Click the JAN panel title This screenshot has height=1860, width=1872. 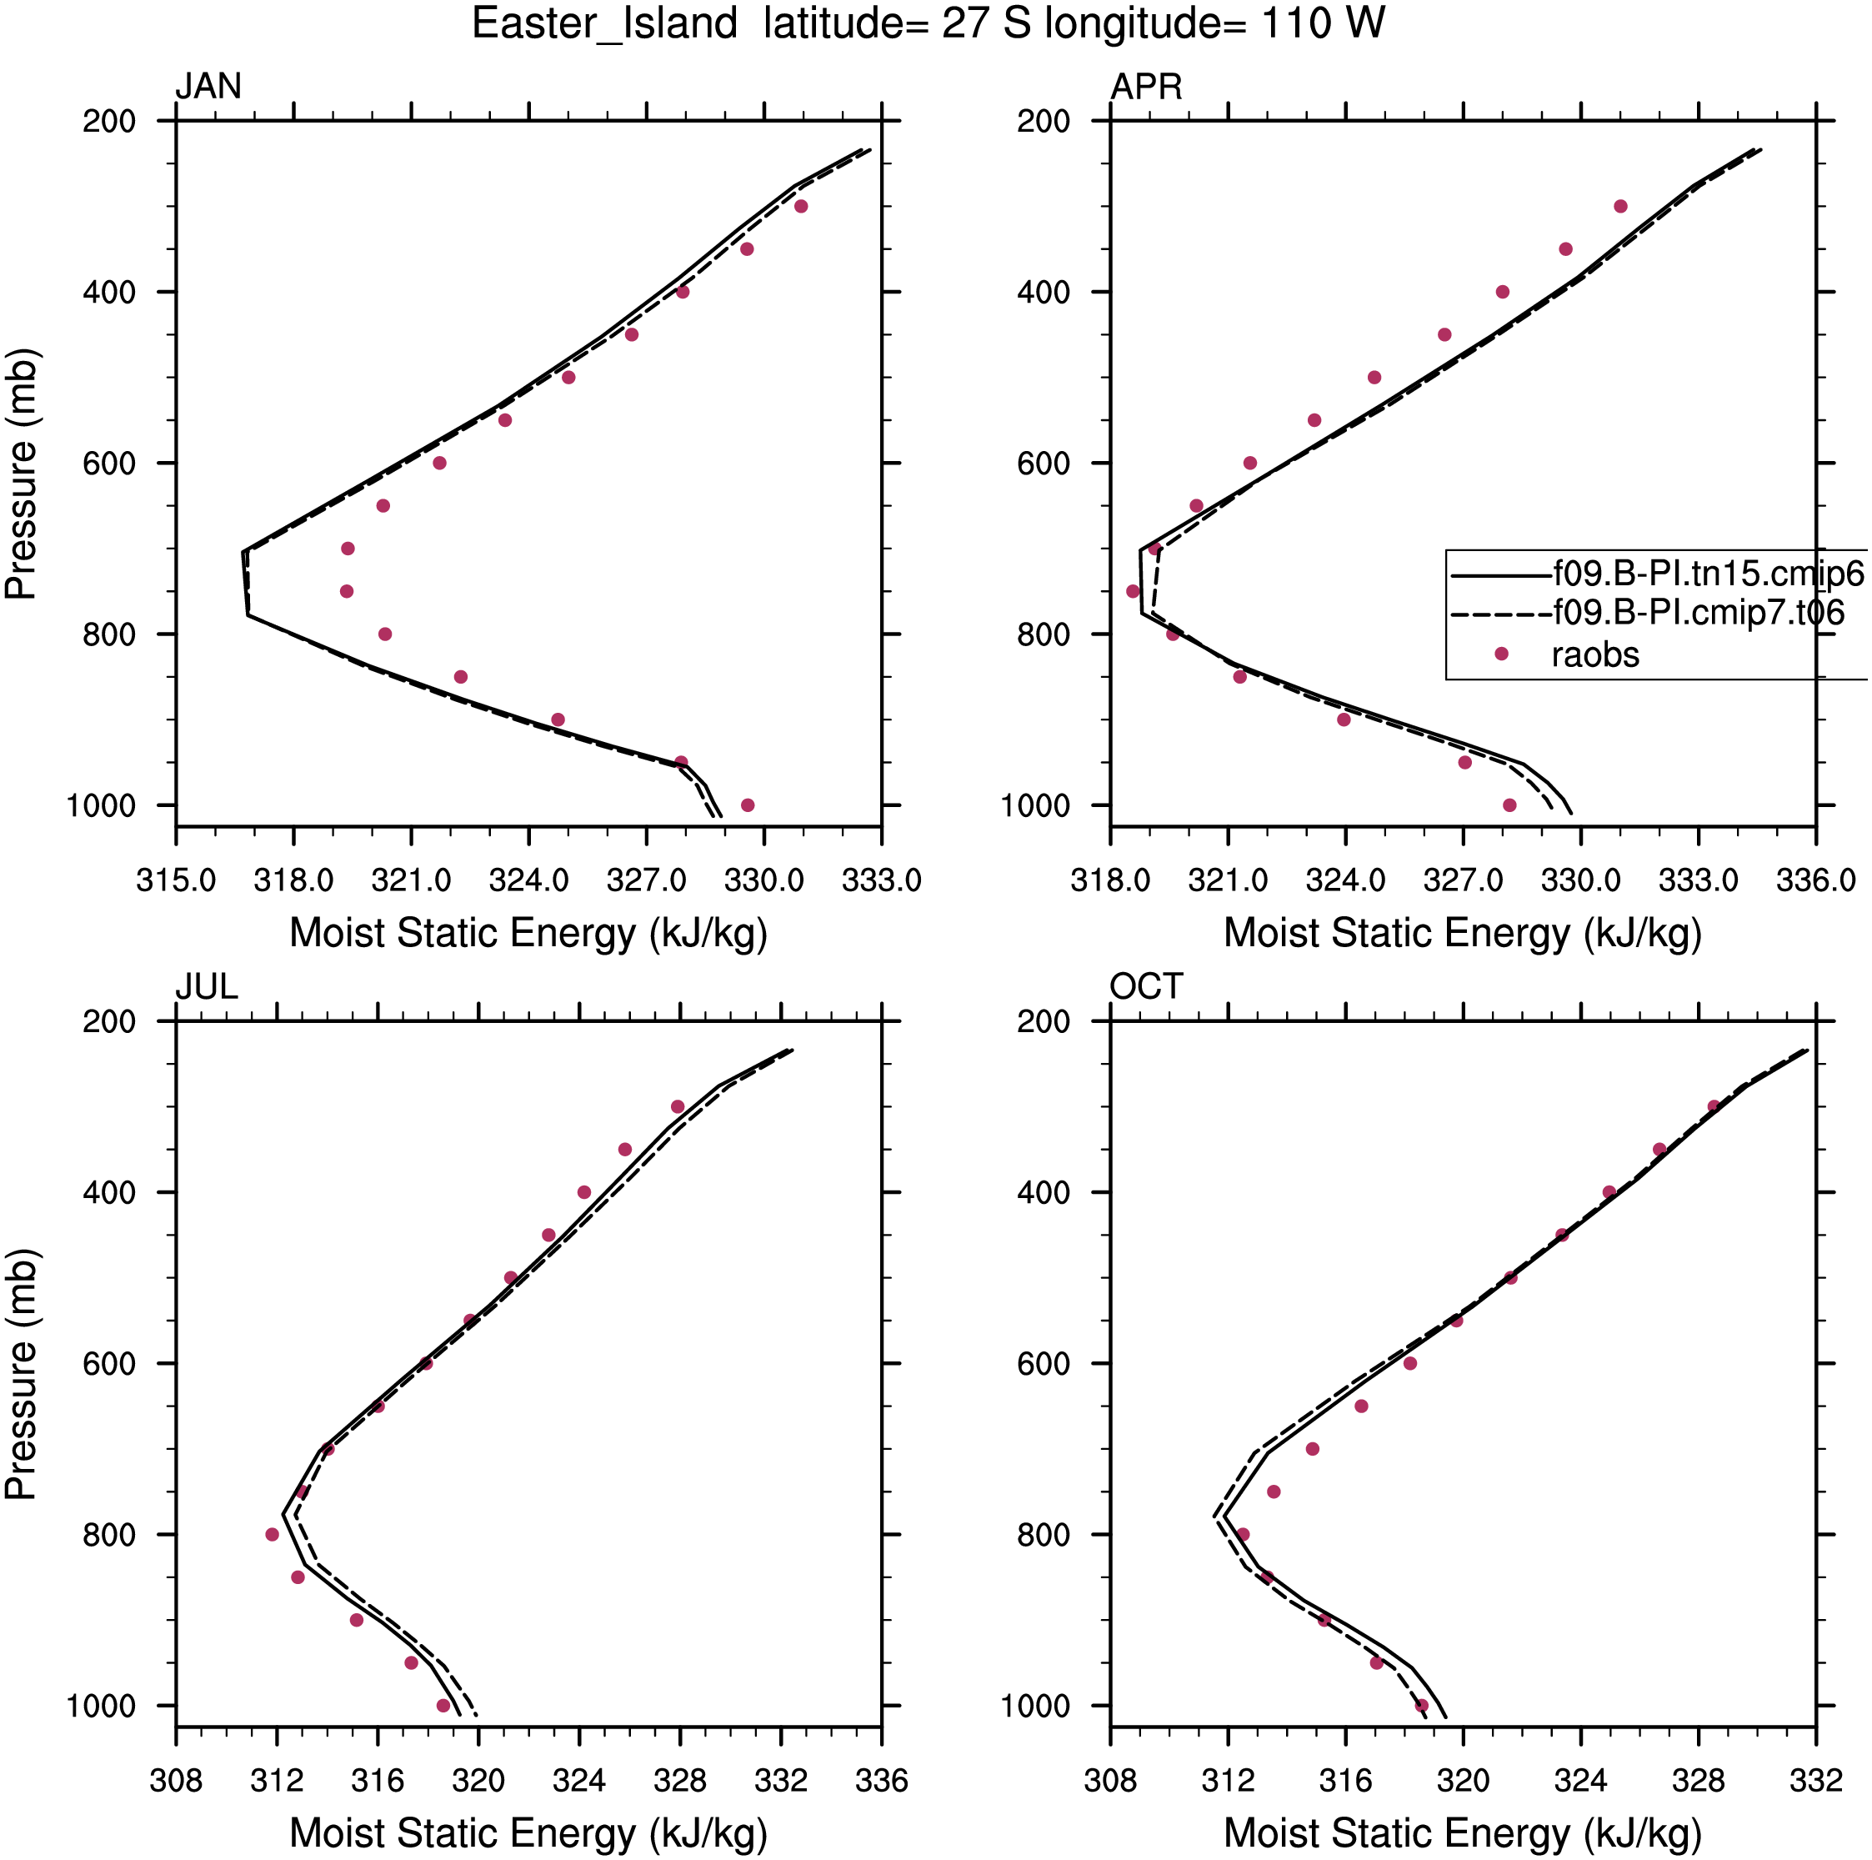click(208, 86)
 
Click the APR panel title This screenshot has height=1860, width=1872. click(1146, 86)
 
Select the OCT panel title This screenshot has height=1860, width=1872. click(1145, 987)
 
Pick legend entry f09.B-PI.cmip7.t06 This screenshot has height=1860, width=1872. click(1699, 613)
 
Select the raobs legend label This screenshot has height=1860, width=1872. click(1595, 655)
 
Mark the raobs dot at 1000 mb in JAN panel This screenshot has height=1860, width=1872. click(747, 805)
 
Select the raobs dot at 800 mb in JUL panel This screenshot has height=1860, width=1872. click(273, 1534)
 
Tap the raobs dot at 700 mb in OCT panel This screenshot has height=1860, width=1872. click(1313, 1449)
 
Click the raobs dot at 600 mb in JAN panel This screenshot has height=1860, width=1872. click(440, 464)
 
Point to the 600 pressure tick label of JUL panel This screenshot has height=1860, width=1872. click(109, 1364)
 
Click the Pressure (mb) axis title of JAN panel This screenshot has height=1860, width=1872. click(22, 474)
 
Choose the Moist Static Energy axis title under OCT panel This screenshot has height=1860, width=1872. click(1463, 1832)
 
